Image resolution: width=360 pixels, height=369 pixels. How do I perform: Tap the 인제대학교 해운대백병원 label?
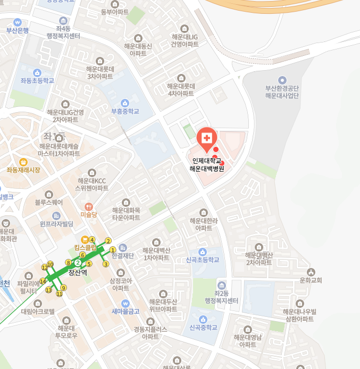coord(207,165)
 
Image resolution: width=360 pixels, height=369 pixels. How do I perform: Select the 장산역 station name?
coord(78,272)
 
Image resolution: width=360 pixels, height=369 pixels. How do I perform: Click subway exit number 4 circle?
coord(92,240)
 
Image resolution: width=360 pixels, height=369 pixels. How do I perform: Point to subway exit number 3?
coord(106,264)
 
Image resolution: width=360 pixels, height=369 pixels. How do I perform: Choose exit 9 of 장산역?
coord(63,288)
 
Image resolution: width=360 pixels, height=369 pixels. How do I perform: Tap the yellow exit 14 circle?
coord(43,281)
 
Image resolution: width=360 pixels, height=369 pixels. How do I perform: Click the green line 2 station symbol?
coord(78,263)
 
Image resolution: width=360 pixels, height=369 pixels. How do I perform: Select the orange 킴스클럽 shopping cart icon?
coord(84,240)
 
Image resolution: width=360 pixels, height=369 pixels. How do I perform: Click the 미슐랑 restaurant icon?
coord(89,206)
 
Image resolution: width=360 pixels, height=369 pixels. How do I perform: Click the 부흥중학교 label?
coord(125,112)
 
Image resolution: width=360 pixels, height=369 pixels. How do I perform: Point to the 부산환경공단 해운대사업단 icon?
coord(282,80)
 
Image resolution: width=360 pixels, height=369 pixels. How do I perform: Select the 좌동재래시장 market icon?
coord(23,162)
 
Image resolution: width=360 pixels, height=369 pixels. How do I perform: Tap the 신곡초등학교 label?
coord(202,260)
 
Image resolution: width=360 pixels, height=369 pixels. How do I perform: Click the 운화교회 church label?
coord(311,280)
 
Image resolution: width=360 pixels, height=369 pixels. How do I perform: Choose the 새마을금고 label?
coord(125,311)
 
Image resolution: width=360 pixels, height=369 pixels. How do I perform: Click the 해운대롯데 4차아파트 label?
coord(181,89)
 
